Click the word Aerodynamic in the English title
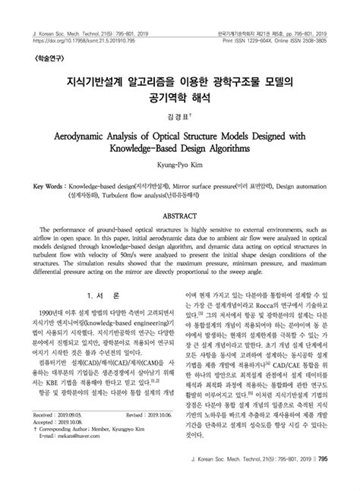click(x=83, y=137)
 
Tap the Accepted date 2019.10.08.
click(x=73, y=442)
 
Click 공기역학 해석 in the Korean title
click(x=179, y=98)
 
